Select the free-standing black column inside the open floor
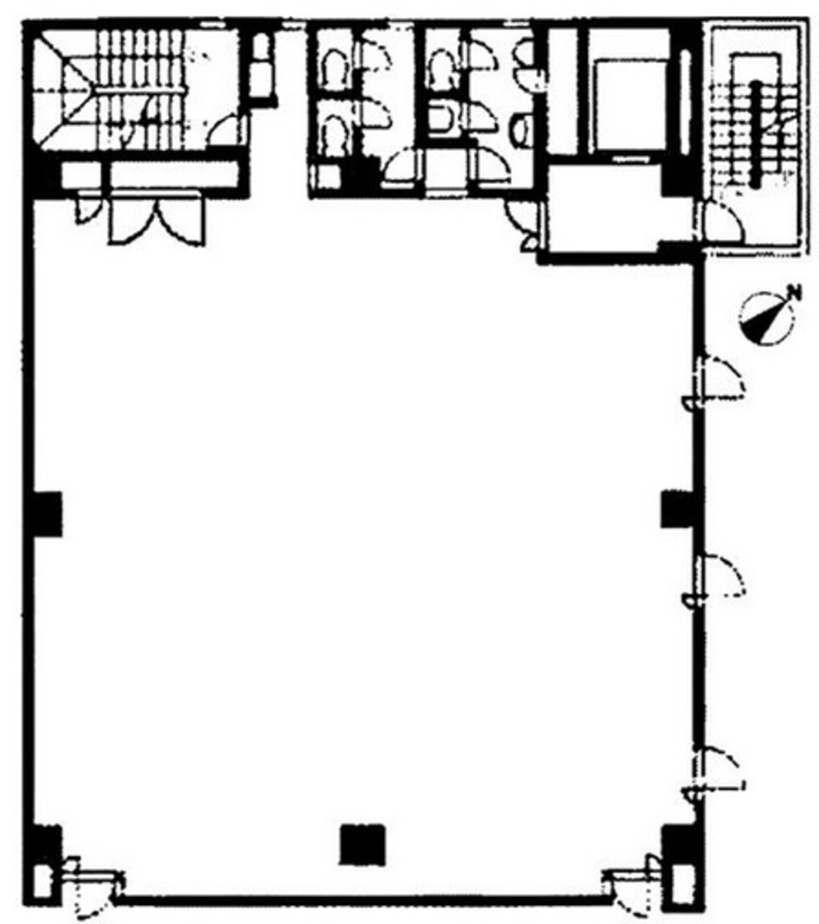tap(363, 844)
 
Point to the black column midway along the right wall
tap(679, 510)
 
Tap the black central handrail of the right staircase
tap(756, 134)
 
